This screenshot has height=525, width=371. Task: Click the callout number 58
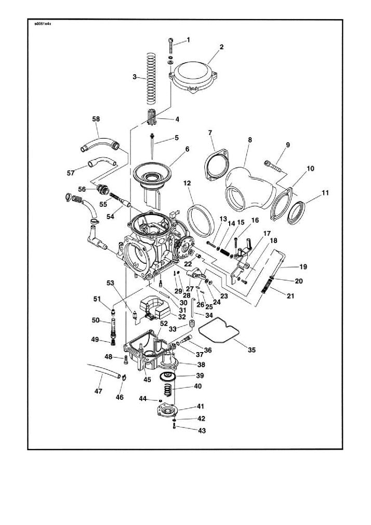click(96, 119)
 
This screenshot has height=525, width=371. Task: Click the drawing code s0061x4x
click(42, 24)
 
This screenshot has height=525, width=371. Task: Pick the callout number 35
click(251, 350)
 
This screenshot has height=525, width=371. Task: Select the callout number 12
click(187, 183)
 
